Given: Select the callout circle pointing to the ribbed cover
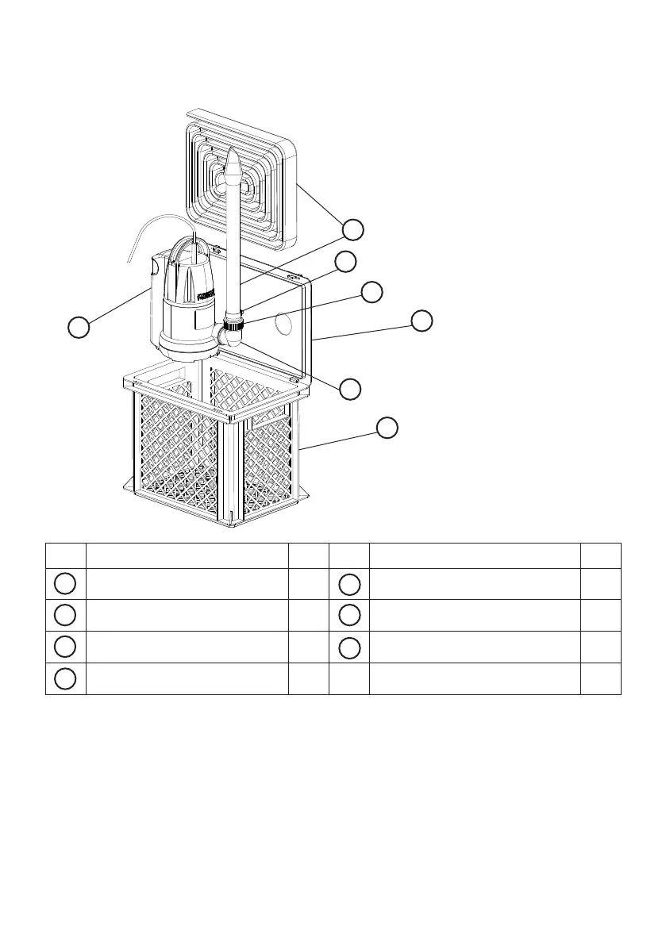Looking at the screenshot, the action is click(x=354, y=230).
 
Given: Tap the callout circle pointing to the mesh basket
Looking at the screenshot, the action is click(x=387, y=427).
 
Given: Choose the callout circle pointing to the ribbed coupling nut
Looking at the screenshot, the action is click(x=371, y=291).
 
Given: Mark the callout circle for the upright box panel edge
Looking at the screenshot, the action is click(x=422, y=321).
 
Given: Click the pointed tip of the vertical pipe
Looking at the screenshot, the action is click(x=233, y=158).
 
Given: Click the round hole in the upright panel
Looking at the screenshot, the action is click(x=279, y=323).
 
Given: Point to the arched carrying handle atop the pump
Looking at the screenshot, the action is click(x=191, y=246).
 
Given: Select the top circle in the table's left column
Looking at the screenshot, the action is click(x=65, y=583).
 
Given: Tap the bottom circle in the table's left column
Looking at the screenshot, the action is click(x=65, y=679).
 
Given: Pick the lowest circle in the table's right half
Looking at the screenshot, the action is click(x=349, y=647).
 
